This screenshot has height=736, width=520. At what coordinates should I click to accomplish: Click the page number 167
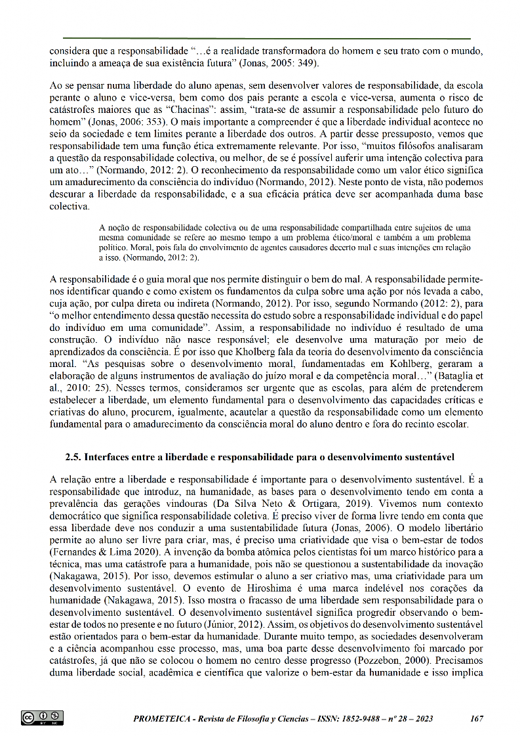click(x=477, y=718)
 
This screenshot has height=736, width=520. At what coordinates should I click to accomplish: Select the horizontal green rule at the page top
click(x=266, y=39)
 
